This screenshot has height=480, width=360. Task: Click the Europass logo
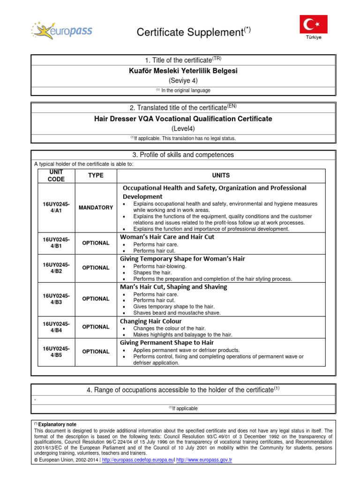click(62, 31)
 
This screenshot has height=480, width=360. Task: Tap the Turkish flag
click(314, 24)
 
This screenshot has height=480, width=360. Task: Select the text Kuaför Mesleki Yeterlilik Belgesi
click(183, 71)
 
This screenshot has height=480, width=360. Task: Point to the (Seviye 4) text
click(183, 81)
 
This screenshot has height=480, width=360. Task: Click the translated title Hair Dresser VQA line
click(183, 119)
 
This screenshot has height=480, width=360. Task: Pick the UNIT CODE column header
click(56, 175)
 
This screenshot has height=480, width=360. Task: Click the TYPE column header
click(96, 175)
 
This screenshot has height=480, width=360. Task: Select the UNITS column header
click(221, 175)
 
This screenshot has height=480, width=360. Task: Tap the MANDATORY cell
click(96, 208)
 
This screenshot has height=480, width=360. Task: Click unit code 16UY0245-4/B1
click(56, 243)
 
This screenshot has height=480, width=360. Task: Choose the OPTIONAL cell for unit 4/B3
click(96, 299)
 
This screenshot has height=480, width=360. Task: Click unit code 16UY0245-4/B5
click(56, 352)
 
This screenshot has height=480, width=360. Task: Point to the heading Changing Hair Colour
click(150, 321)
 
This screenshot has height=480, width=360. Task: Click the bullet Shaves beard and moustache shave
click(177, 313)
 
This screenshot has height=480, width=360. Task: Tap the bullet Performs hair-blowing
click(160, 266)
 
